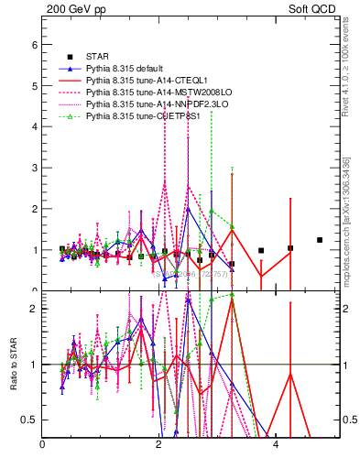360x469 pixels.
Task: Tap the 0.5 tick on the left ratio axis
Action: coord(29,420)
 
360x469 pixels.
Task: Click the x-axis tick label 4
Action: coord(275,446)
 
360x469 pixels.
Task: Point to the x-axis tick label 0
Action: coord(42,446)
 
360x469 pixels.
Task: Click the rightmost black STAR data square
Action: coord(320,240)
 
